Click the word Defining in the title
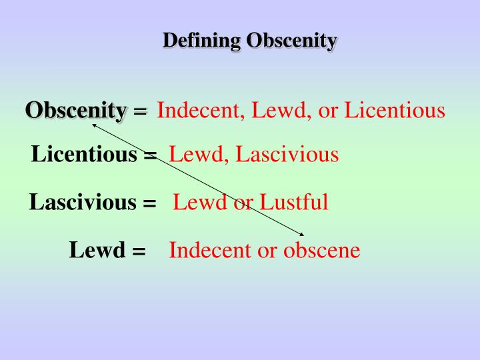pyautogui.click(x=201, y=41)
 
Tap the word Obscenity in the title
pyautogui.click(x=291, y=41)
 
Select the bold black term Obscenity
pyautogui.click(x=76, y=110)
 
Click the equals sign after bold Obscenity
pyautogui.click(x=139, y=111)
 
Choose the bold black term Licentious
pyautogui.click(x=85, y=155)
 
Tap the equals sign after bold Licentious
pyautogui.click(x=150, y=156)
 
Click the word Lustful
pyautogui.click(x=294, y=201)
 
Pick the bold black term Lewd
pyautogui.click(x=97, y=251)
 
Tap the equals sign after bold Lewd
pyautogui.click(x=139, y=252)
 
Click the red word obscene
pyautogui.click(x=322, y=251)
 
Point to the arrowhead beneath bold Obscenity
pyautogui.click(x=94, y=123)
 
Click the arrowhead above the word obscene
pyautogui.click(x=302, y=233)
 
